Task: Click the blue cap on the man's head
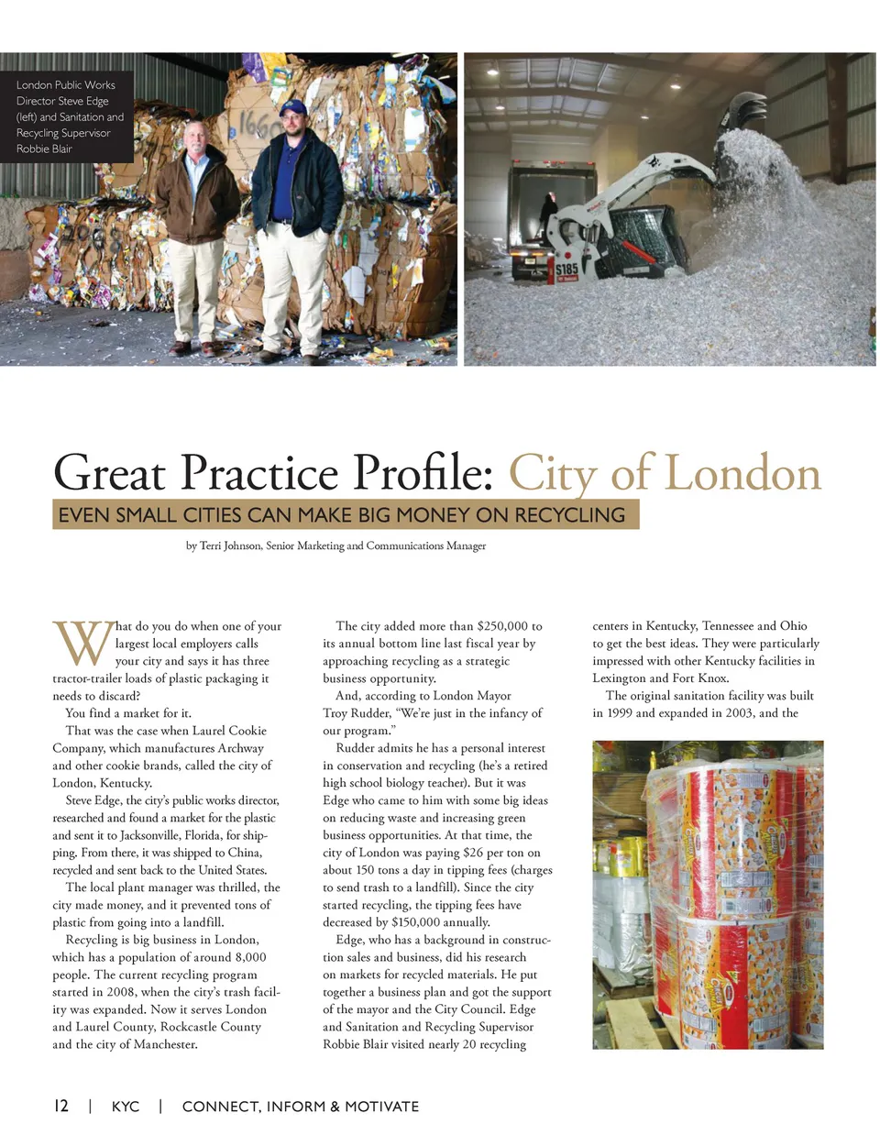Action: (x=293, y=108)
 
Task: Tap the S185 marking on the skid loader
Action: (x=566, y=270)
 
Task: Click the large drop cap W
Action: (x=82, y=644)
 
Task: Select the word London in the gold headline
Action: (x=742, y=473)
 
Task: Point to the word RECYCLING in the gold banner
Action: (x=569, y=515)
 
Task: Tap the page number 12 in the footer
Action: (x=61, y=1106)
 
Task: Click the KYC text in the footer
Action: (x=126, y=1107)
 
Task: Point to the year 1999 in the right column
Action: (x=619, y=713)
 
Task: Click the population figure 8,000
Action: (x=243, y=957)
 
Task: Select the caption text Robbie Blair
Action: (x=44, y=149)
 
